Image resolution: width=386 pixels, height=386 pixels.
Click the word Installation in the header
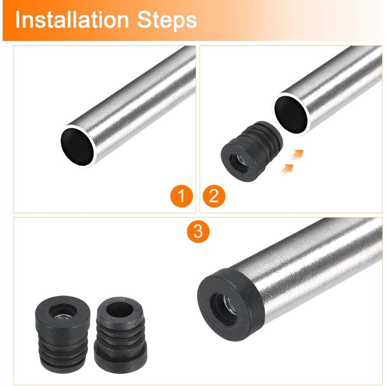coord(72,20)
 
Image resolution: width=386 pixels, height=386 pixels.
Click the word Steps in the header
coord(167,20)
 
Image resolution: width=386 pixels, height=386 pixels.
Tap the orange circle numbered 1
coord(181,196)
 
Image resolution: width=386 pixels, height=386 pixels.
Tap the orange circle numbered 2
coord(214,196)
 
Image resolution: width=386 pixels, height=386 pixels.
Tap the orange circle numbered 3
coord(198,231)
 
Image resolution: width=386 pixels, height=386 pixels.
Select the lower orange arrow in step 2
coord(286,169)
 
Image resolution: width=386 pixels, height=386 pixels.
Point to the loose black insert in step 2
coord(251,151)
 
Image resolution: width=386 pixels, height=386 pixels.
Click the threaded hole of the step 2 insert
coord(239,163)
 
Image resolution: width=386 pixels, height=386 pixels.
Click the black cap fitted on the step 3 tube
coord(230,305)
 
